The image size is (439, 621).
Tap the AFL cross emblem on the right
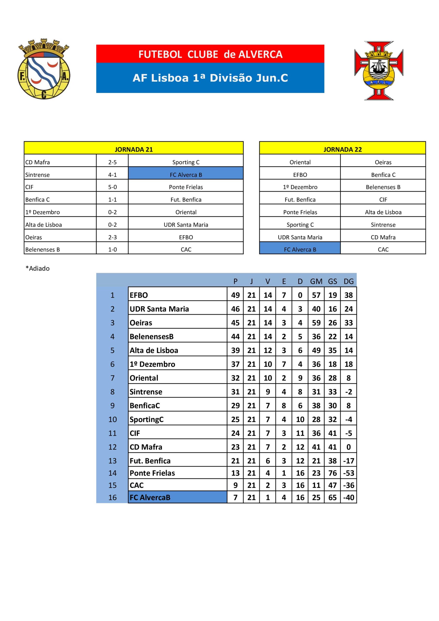[379, 71]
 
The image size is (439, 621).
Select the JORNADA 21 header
[134, 149]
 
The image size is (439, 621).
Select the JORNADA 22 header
[343, 149]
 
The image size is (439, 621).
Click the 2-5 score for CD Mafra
[112, 162]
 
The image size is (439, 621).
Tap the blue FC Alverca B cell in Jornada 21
[186, 175]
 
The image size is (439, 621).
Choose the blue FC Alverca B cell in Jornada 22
[300, 250]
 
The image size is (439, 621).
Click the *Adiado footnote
[38, 268]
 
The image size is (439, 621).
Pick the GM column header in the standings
[316, 282]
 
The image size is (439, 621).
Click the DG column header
[348, 282]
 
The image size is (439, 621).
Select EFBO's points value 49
[235, 295]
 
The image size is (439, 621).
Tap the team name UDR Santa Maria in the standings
[159, 309]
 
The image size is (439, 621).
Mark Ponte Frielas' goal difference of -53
[348, 473]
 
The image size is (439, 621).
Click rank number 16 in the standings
[112, 497]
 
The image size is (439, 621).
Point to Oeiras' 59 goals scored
[316, 323]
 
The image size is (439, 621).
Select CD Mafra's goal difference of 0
[348, 447]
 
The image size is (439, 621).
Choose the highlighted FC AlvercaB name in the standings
[150, 497]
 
